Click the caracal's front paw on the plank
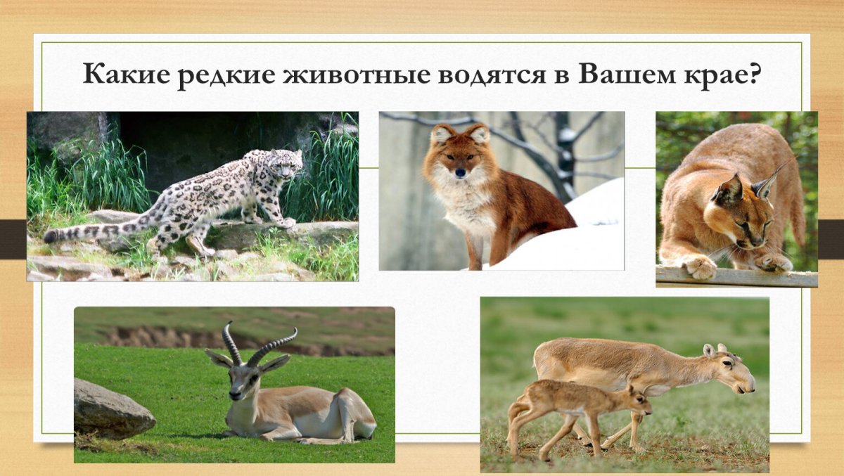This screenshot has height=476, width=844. coord(699,266)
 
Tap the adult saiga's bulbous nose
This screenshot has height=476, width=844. coord(749,385)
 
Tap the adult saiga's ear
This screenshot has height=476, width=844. coord(708,349)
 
